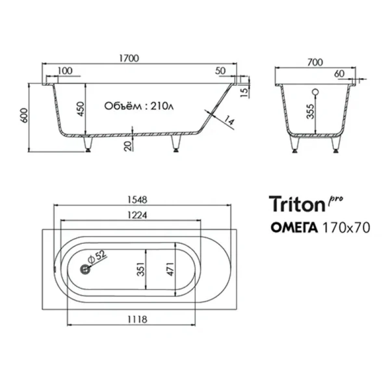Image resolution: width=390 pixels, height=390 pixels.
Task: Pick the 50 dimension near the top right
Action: click(x=219, y=71)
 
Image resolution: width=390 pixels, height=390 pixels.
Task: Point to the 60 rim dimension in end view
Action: click(x=339, y=74)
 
